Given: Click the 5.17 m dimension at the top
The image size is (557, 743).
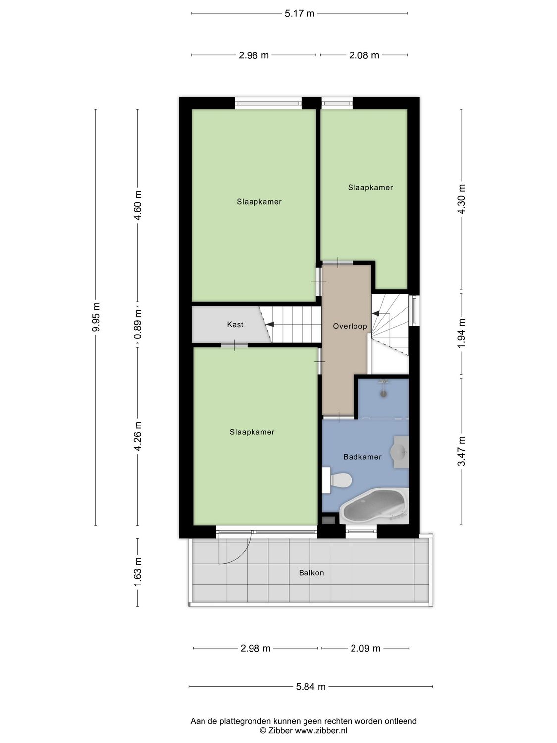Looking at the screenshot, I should click(x=299, y=14).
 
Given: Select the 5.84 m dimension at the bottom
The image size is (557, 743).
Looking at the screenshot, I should click(x=310, y=686).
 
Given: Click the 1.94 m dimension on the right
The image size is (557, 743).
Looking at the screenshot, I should click(x=461, y=334).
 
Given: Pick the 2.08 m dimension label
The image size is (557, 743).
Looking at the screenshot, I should click(x=364, y=55).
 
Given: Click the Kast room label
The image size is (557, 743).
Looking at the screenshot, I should click(x=235, y=325).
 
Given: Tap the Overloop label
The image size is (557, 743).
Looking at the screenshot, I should click(x=350, y=326).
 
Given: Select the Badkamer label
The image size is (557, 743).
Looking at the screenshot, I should click(x=362, y=457).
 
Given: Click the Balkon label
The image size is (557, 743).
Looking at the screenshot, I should click(x=311, y=573).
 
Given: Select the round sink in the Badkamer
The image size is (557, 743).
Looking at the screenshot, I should click(x=399, y=452).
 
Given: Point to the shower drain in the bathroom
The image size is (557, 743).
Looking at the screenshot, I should click(x=383, y=394).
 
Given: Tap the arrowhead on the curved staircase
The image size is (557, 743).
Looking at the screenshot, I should click(x=375, y=313).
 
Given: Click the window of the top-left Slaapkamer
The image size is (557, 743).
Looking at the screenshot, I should click(x=268, y=103).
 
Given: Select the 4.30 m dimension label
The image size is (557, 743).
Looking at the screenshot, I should click(x=461, y=199).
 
